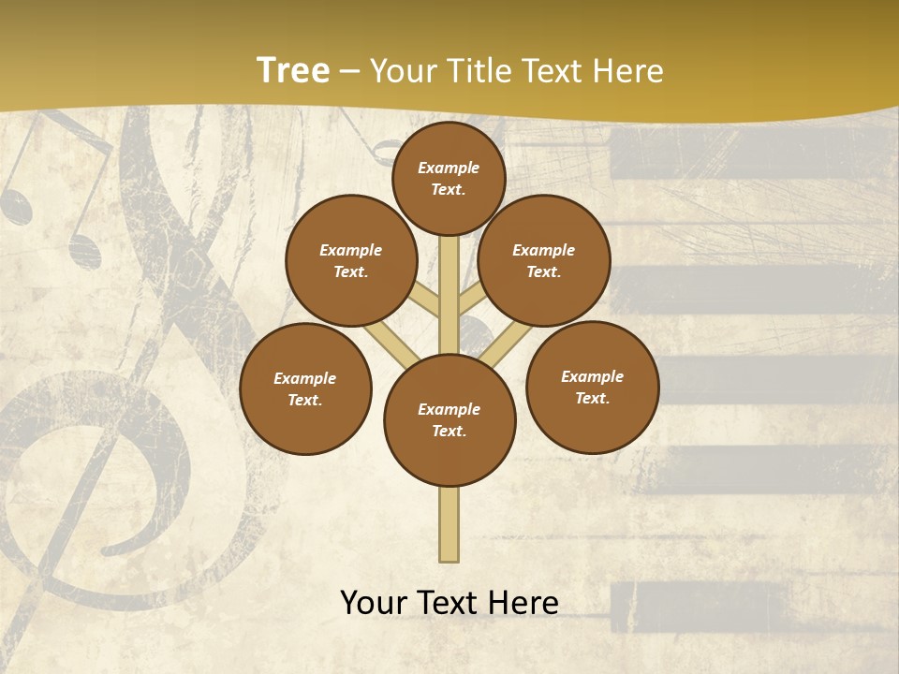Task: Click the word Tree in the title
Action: coord(293,70)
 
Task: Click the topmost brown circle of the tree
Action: coord(449,178)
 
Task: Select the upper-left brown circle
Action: coord(351,260)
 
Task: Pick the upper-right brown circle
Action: coord(544,260)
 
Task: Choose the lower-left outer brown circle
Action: coord(305,388)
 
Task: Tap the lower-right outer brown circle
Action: coord(592,387)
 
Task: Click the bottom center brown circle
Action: coord(449,419)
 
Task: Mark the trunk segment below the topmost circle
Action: coord(449,281)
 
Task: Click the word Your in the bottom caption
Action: coord(372,603)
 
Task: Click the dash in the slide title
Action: coord(350,72)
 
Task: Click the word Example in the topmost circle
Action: coord(449,168)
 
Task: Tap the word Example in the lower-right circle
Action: coord(592,376)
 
